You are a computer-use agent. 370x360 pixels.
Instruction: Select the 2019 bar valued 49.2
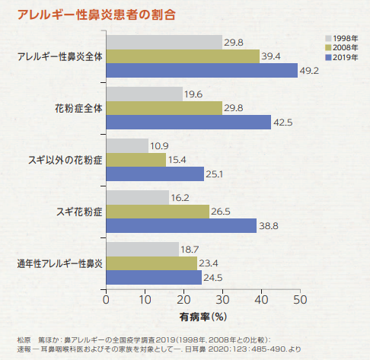[201, 71]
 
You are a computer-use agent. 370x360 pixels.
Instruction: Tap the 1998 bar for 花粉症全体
[144, 94]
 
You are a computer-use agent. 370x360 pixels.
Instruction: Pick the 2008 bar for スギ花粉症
[157, 211]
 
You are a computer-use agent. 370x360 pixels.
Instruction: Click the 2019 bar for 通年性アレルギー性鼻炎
[153, 277]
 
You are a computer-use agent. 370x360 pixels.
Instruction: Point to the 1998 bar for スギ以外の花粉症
[127, 145]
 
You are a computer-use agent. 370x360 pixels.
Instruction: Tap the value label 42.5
[284, 123]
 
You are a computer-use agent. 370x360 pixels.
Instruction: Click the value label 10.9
[160, 145]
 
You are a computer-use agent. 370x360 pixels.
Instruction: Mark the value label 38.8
[270, 226]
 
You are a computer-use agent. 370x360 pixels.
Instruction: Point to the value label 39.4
[272, 56]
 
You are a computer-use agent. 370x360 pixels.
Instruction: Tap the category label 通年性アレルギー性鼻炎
[59, 263]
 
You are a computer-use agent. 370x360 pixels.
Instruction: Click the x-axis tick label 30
[222, 299]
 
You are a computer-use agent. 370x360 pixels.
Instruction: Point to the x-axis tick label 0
[106, 299]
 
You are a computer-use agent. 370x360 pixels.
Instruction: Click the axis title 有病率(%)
[203, 314]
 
